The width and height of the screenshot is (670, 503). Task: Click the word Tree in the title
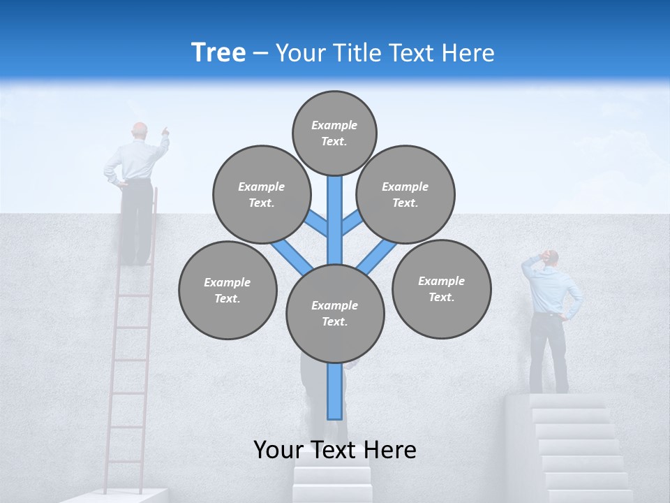click(x=218, y=52)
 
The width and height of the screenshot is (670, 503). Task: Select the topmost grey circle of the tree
click(x=334, y=133)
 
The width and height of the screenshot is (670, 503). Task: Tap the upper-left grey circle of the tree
click(x=261, y=194)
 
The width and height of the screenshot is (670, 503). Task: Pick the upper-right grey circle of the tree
click(x=405, y=194)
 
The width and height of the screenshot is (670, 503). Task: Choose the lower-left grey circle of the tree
click(x=228, y=290)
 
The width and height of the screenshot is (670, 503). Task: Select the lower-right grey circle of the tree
click(x=441, y=289)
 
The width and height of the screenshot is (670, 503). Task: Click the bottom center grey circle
click(x=335, y=313)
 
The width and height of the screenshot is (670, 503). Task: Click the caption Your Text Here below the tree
click(x=335, y=450)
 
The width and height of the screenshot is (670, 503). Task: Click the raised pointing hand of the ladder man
click(x=165, y=131)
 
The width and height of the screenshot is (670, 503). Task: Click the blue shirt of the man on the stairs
click(x=551, y=290)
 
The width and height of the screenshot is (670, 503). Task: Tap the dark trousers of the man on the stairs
click(x=548, y=353)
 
